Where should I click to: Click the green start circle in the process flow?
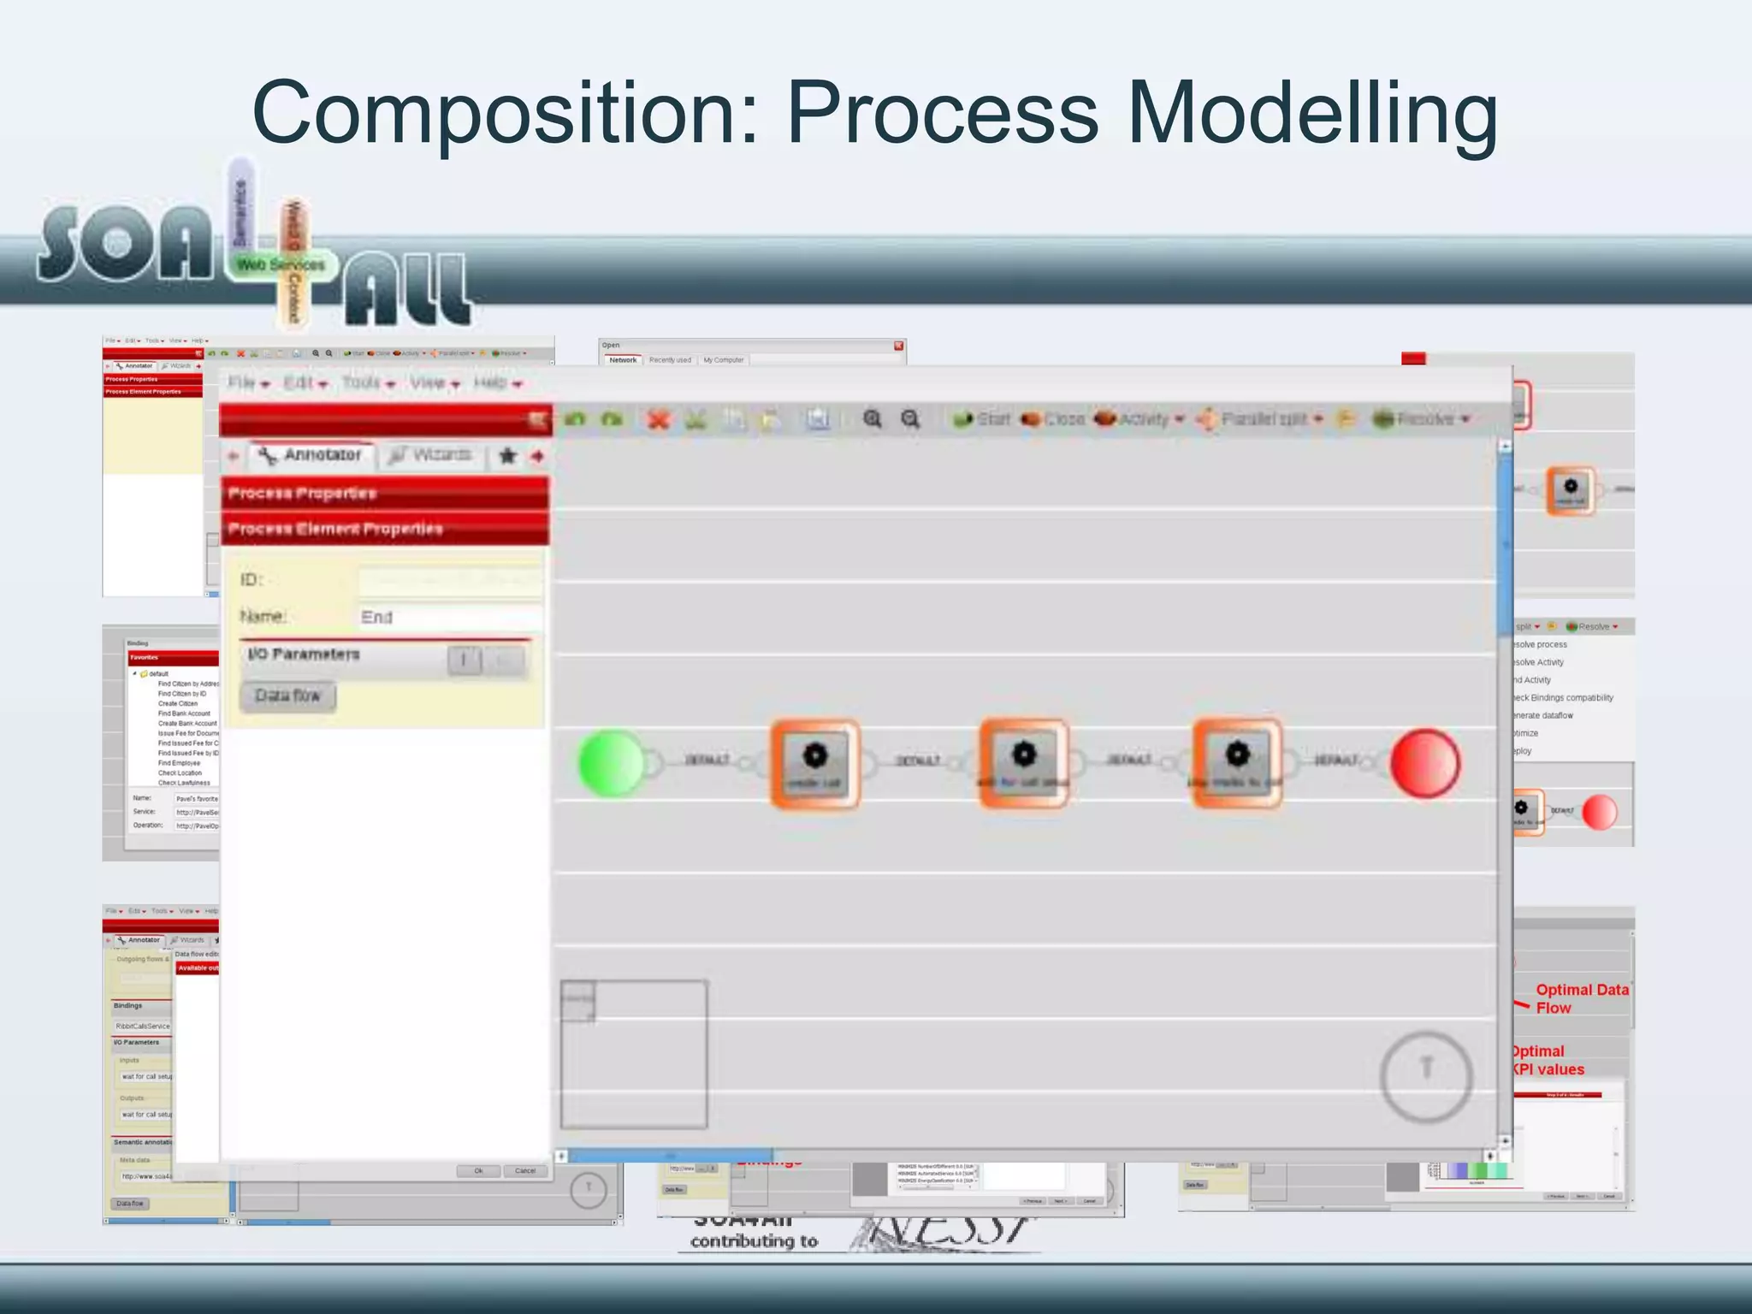(611, 762)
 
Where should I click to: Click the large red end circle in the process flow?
(1424, 763)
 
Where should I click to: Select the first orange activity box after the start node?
(814, 763)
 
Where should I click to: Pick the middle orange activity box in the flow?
(1023, 763)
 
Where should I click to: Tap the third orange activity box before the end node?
(1236, 763)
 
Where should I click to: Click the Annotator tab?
(312, 455)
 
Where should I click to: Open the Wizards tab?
(431, 455)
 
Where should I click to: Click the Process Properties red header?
(384, 494)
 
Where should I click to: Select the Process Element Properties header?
(384, 529)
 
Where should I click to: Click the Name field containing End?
(449, 617)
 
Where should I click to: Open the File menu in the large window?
(247, 383)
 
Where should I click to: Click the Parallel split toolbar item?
(1261, 419)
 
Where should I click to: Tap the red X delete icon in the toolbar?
(658, 419)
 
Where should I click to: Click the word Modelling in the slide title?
(1312, 113)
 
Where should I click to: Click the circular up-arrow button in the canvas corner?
(1425, 1076)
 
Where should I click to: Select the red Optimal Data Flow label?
(1580, 998)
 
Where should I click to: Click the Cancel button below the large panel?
(525, 1171)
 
